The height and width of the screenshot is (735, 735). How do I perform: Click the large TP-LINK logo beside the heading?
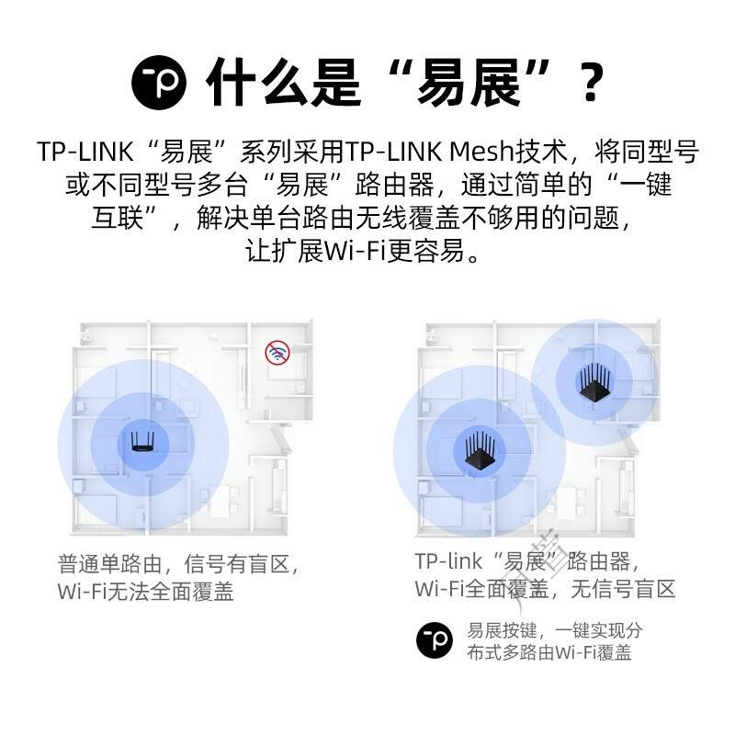coord(159,82)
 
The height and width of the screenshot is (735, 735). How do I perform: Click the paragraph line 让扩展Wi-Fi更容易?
coord(367,251)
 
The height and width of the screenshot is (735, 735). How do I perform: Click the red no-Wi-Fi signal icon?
coord(277,352)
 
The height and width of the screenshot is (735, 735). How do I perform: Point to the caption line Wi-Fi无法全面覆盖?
coord(145,591)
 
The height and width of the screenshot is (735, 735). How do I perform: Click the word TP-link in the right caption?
coord(447,560)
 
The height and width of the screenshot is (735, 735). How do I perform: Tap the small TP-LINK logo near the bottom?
coord(435,639)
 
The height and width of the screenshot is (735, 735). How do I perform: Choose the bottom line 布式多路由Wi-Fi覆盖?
coord(548,652)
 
